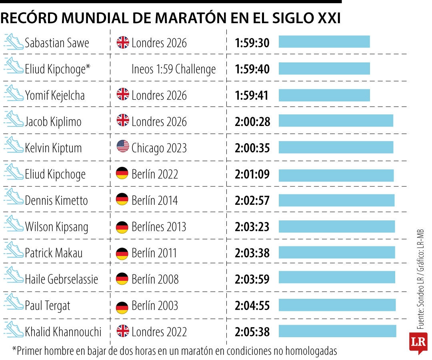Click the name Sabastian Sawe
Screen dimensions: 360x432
click(x=57, y=43)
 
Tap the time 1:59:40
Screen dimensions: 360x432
click(x=252, y=69)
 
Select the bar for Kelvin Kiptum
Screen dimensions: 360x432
click(x=336, y=148)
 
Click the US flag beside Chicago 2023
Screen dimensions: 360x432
click(x=123, y=147)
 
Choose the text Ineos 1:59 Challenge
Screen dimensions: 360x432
click(x=174, y=69)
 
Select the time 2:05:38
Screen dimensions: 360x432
click(x=252, y=332)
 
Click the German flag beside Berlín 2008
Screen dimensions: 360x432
click(x=122, y=279)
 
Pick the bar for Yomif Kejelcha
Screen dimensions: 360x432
click(x=324, y=95)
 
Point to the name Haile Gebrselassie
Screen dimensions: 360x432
click(x=61, y=279)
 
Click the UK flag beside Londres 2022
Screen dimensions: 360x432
click(x=123, y=331)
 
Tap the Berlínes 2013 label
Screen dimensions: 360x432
click(x=159, y=227)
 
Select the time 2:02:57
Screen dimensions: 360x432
click(x=252, y=200)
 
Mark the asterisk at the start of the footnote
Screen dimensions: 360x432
click(x=14, y=350)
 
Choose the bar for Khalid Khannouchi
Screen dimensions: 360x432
click(x=337, y=331)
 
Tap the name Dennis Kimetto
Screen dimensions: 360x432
click(x=56, y=200)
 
